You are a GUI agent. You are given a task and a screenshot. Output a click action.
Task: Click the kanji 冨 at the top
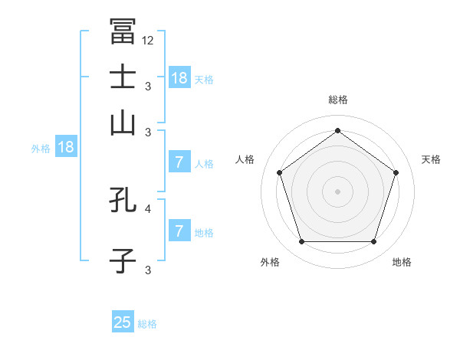123,31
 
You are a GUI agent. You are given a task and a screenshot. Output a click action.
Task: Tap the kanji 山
123,123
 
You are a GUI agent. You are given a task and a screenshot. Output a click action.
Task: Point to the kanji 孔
123,201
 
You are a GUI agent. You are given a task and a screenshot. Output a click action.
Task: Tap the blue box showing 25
123,322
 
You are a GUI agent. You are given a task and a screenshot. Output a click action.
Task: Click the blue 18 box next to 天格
179,77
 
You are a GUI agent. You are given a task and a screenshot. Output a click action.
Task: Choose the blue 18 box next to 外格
66,147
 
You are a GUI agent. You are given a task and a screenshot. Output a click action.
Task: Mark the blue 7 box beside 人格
179,162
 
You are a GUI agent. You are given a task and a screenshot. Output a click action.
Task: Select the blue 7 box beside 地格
179,231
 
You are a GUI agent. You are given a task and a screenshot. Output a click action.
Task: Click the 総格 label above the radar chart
338,100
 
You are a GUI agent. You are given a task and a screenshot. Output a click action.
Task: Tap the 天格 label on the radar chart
432,159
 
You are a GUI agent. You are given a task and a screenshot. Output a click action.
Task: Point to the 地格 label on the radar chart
402,262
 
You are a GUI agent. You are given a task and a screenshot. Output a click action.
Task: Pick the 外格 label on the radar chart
270,262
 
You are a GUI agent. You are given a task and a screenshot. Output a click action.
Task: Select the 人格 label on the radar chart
245,159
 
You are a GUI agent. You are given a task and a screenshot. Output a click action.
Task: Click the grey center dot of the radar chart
337,191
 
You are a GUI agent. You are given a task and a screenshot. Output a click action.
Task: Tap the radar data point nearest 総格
337,131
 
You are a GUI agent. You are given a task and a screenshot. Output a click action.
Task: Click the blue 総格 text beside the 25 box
147,324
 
